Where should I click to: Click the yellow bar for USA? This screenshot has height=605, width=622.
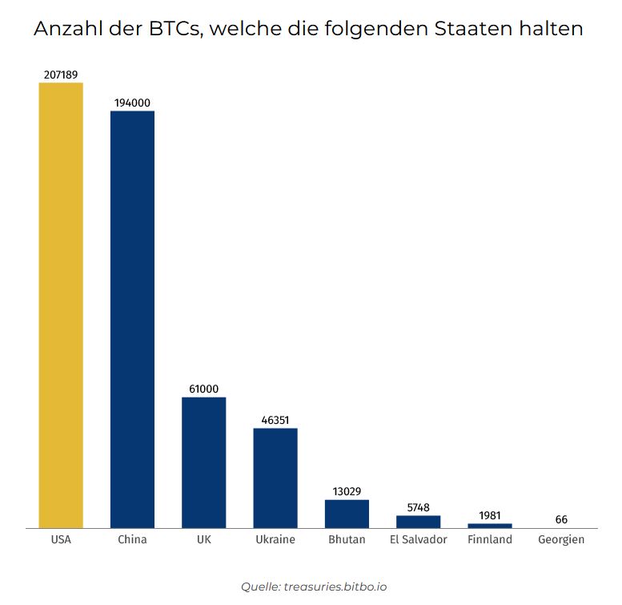[61, 305]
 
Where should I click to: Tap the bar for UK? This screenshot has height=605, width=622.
[203, 462]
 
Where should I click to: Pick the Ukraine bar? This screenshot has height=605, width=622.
[275, 478]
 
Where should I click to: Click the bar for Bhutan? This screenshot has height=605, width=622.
[347, 514]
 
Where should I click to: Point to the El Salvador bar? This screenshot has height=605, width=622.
[418, 522]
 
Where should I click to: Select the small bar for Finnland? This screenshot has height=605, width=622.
[489, 526]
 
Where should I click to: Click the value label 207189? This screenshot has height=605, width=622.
[61, 75]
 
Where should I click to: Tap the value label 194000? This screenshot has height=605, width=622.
[132, 103]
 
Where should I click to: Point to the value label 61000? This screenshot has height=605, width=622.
[203, 389]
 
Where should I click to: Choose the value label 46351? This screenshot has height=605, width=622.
[275, 420]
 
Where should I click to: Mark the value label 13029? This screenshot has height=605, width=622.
[347, 491]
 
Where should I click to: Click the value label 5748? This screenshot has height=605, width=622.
[418, 507]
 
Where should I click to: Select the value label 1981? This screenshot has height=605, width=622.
[489, 515]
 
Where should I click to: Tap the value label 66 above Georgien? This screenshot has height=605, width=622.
[561, 520]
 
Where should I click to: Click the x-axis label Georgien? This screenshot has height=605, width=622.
[561, 539]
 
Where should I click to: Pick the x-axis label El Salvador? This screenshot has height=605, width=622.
[418, 539]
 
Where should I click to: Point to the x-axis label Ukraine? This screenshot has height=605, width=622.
[275, 539]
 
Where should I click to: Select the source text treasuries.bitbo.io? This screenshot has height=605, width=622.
[335, 587]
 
